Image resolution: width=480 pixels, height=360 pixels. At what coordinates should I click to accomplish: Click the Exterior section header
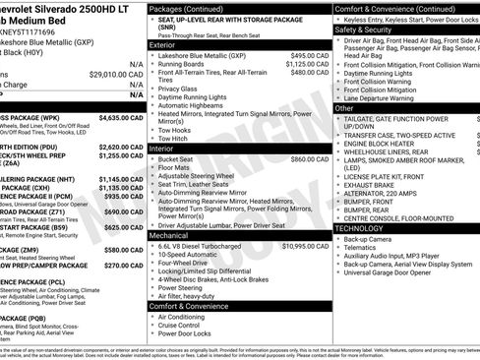click(x=163, y=44)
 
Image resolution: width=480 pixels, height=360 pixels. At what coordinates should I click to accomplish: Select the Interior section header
click(x=161, y=149)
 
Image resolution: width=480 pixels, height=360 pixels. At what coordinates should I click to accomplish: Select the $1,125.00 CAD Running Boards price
click(x=307, y=64)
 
